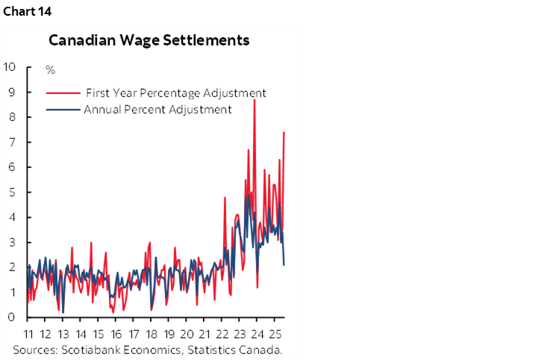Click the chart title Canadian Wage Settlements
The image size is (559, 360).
[149, 40]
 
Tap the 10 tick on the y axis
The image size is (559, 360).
[10, 66]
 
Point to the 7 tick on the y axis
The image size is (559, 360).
[13, 142]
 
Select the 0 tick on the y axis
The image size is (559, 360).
[13, 317]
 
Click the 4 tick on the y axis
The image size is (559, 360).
[13, 217]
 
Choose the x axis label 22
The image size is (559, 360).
[222, 333]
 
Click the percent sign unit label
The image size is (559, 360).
[50, 70]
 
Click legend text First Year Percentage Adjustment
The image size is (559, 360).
[176, 93]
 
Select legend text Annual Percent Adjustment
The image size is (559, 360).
[157, 109]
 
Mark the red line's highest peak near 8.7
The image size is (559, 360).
[254, 99]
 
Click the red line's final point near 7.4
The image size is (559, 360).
[284, 132]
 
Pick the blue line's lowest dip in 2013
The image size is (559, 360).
[63, 311]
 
